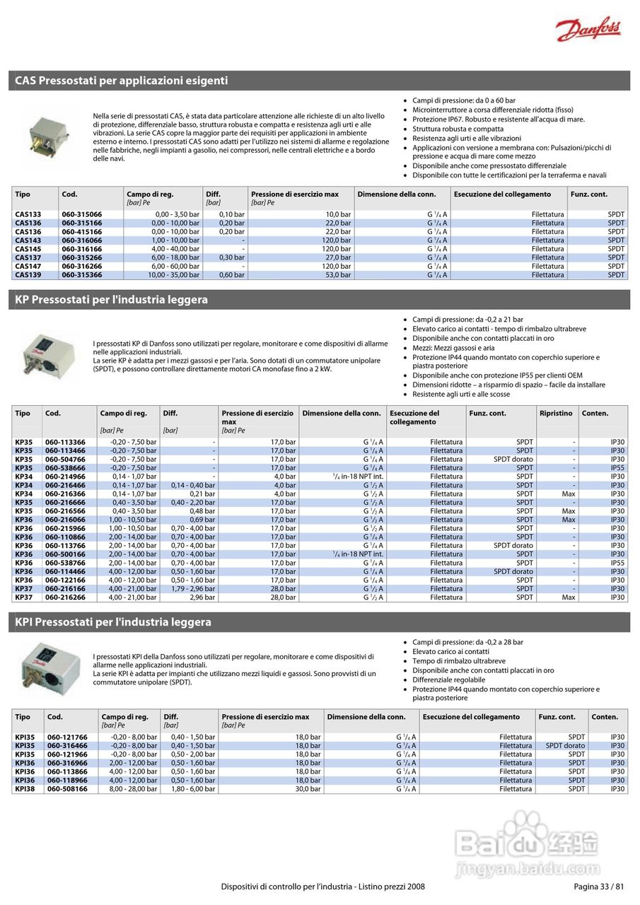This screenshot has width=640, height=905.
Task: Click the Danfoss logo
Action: tap(588, 30)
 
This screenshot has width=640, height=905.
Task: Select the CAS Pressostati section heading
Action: tap(122, 81)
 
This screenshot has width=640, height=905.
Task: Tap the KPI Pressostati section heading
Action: tap(113, 622)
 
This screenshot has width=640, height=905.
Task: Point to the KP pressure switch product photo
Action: tap(45, 353)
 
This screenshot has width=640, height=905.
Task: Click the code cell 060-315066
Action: tap(81, 214)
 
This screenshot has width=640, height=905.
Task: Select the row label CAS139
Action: tap(28, 275)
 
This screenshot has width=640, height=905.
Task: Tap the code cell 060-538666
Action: tap(65, 468)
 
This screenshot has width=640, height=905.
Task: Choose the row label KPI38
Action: tap(25, 789)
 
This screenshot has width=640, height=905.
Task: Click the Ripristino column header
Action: tap(556, 414)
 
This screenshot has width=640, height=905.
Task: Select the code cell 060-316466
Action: tap(68, 746)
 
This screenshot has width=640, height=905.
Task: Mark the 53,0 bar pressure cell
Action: tap(338, 275)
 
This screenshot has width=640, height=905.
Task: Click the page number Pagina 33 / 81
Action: tap(598, 887)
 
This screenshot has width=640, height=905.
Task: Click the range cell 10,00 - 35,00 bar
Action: tap(174, 275)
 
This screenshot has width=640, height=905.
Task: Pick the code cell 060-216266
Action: tap(65, 597)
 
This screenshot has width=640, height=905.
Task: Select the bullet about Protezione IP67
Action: tap(499, 119)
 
